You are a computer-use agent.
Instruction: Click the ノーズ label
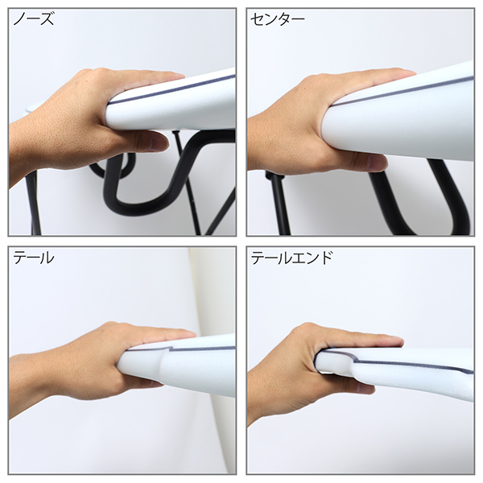click(x=33, y=19)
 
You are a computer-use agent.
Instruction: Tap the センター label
click(x=277, y=19)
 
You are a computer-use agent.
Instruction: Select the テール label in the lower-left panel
click(x=34, y=258)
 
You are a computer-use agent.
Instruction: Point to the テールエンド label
click(x=291, y=258)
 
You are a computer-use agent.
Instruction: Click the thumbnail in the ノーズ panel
click(x=156, y=142)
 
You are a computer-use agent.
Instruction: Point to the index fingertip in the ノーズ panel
click(x=180, y=76)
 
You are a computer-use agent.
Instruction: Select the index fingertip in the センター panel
click(x=411, y=73)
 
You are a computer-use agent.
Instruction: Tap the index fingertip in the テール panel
click(x=191, y=335)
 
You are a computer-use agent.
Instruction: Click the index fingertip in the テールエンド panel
click(x=398, y=341)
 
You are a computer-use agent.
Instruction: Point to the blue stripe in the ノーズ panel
click(x=172, y=89)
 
